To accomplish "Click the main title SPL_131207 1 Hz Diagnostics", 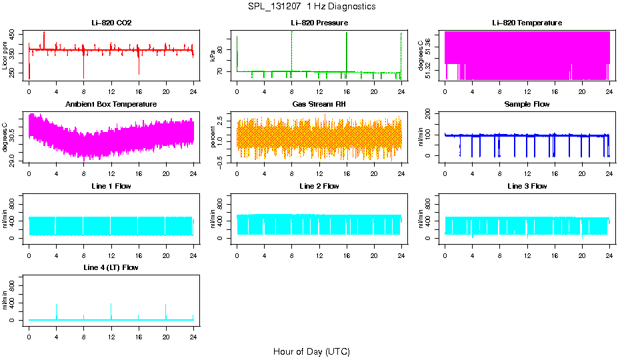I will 311,7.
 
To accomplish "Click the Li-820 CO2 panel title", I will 111,23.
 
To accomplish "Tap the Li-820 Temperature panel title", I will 527,23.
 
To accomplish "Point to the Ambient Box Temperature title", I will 111,105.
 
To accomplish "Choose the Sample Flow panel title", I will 527,105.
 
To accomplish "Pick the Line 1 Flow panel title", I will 111,186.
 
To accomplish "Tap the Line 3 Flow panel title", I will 527,186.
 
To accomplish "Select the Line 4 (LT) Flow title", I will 111,267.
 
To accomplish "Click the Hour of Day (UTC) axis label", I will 311,351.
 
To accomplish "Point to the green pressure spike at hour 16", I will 347,50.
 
